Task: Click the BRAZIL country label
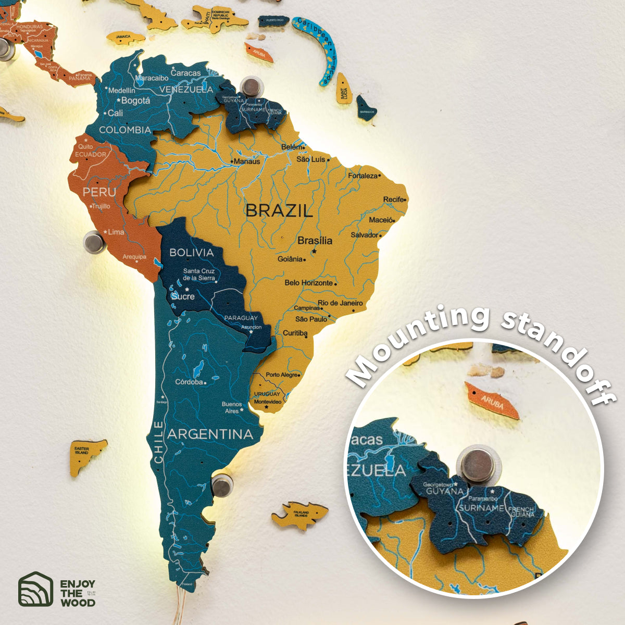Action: click(x=279, y=210)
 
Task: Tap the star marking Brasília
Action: click(x=314, y=252)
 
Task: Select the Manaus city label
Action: click(x=246, y=161)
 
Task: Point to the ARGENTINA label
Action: click(x=210, y=434)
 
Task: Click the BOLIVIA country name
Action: click(x=192, y=253)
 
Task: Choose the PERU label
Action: click(x=99, y=192)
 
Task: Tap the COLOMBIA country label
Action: click(x=125, y=130)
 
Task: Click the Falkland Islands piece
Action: click(x=300, y=515)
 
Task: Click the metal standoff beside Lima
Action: click(x=94, y=242)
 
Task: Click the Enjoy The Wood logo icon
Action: click(x=35, y=589)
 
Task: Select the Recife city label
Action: click(x=394, y=199)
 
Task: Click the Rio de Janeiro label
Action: click(x=340, y=303)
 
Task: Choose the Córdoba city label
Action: click(x=189, y=382)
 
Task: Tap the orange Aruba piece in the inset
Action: click(x=492, y=400)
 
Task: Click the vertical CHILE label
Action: click(x=158, y=442)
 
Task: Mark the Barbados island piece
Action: click(x=366, y=109)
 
